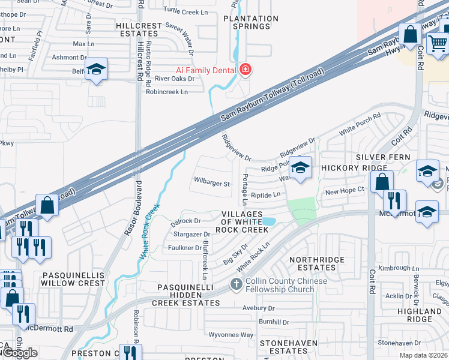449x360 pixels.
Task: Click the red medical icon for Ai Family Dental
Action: click(x=244, y=70)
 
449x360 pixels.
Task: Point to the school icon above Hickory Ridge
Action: click(x=301, y=167)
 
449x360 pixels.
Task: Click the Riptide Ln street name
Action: click(x=265, y=195)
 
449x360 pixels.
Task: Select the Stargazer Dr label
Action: click(x=190, y=234)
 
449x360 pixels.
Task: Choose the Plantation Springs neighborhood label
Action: click(x=250, y=22)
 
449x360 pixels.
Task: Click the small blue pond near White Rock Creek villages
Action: click(x=269, y=221)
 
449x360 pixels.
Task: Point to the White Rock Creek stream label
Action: click(x=150, y=231)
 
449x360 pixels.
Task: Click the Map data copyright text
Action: click(x=423, y=355)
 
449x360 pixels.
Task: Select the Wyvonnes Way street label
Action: click(x=231, y=334)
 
